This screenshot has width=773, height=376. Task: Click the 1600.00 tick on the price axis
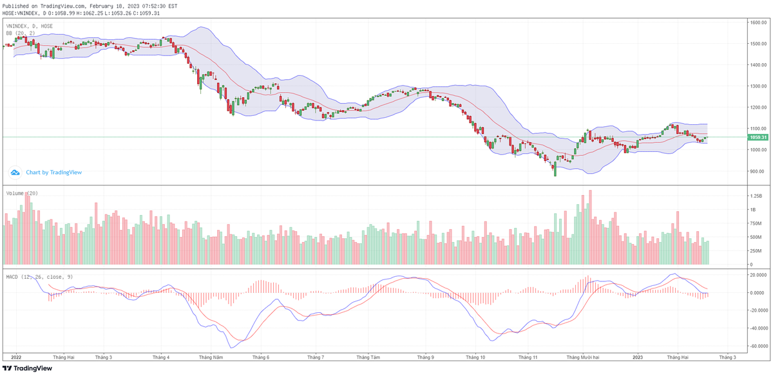coord(757,23)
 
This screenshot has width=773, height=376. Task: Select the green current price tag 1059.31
coord(758,137)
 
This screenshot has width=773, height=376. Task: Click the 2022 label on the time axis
coord(16,356)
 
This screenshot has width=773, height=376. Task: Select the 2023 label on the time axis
coord(638,356)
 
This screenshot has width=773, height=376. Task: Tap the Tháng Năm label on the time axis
coord(211,356)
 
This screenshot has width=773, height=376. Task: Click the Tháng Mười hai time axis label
coord(583,356)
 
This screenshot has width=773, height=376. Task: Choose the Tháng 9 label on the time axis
coord(425,356)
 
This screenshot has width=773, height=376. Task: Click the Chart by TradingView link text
coord(53,173)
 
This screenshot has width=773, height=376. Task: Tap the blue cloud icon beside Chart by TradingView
coord(15,173)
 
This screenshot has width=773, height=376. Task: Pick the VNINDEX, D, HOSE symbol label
coord(30,26)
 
